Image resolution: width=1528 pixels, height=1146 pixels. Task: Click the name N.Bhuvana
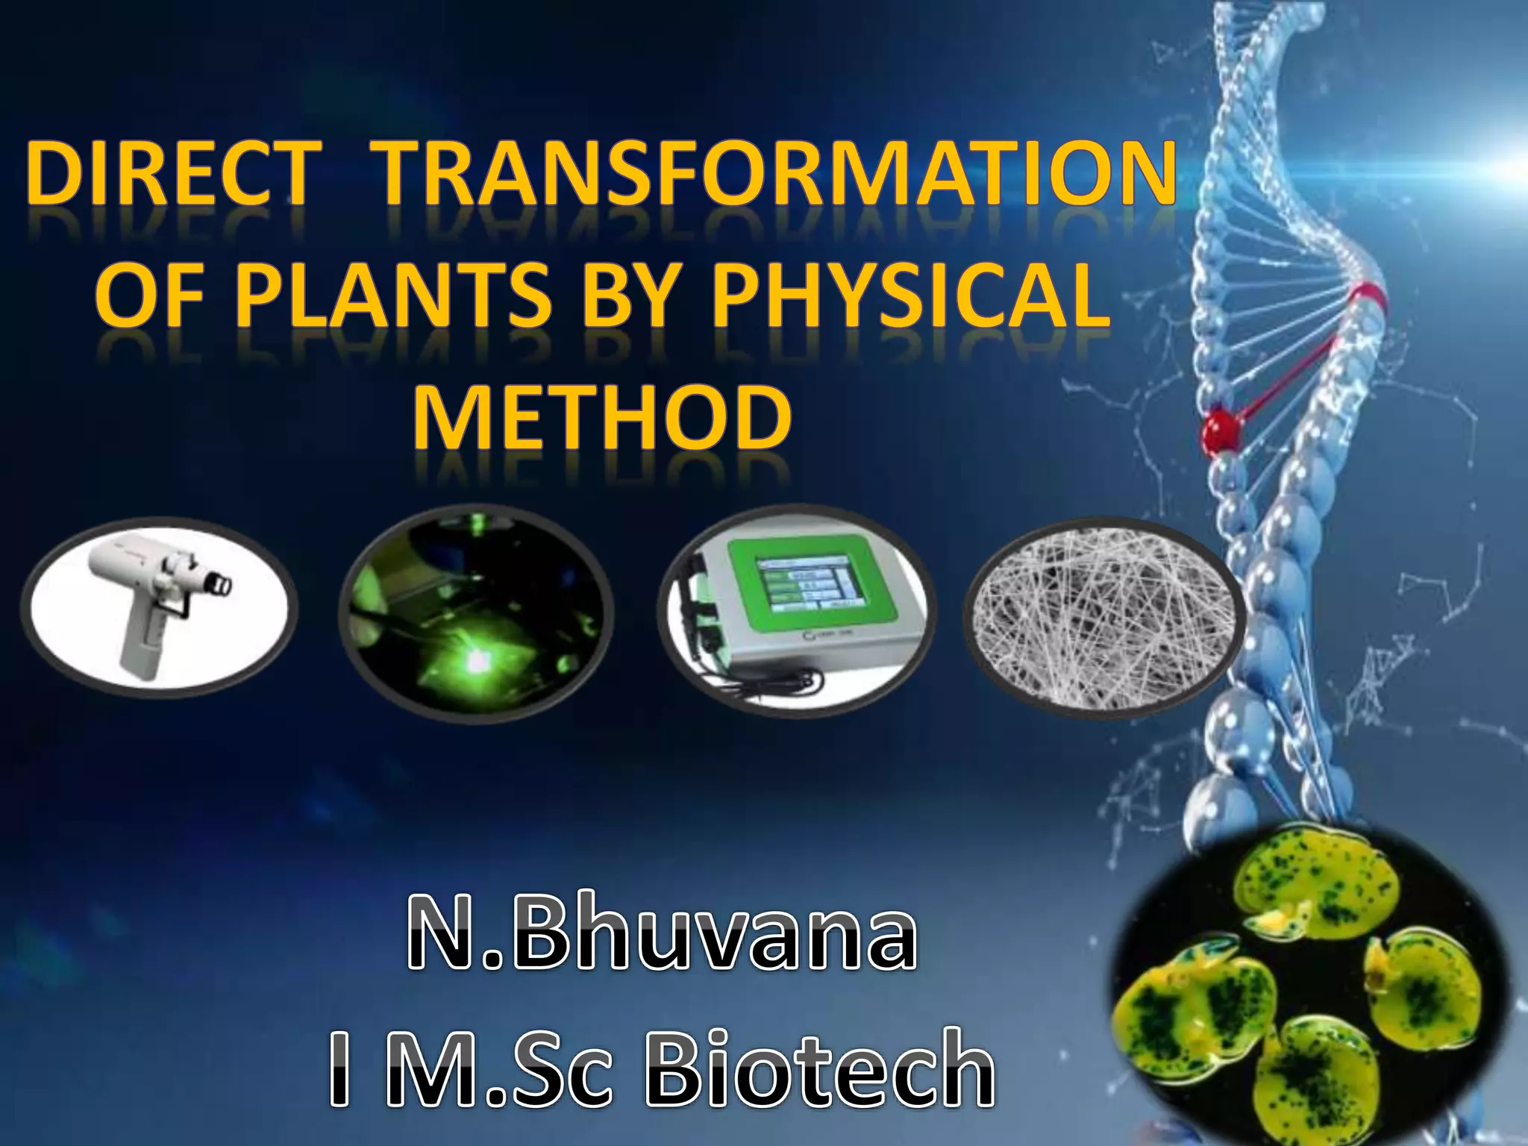(x=663, y=933)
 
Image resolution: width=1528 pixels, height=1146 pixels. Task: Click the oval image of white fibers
(x=1103, y=618)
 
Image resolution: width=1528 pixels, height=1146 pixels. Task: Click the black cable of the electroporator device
(x=783, y=679)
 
